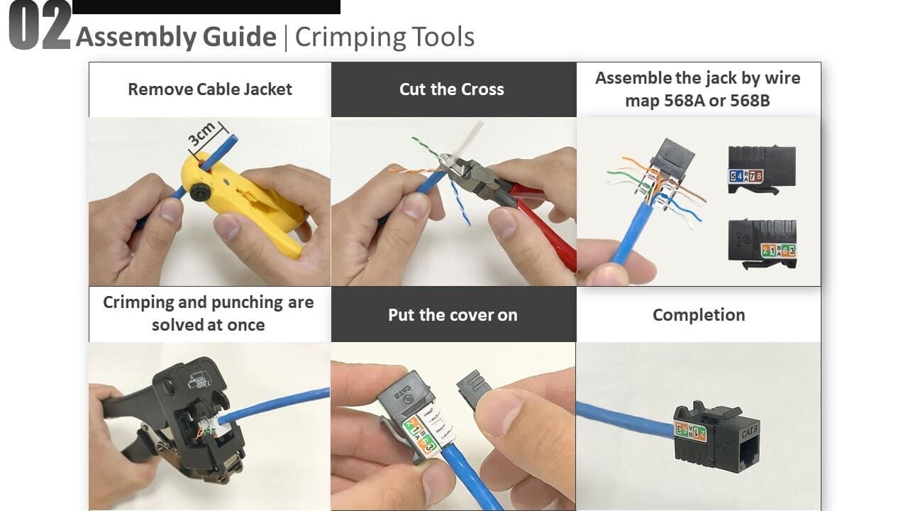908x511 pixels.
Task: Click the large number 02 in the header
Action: (x=40, y=26)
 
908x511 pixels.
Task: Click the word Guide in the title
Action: (x=240, y=38)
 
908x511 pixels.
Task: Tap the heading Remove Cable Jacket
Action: (x=210, y=89)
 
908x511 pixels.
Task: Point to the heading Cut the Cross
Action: (x=452, y=89)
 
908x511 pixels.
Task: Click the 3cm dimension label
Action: (x=201, y=134)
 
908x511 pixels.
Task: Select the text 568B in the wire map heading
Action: (x=750, y=101)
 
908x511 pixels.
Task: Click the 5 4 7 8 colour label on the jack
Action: (x=746, y=176)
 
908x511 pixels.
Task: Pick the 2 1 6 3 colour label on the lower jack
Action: (x=778, y=251)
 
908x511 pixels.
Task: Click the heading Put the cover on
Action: (x=453, y=315)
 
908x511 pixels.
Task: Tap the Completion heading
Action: (x=699, y=315)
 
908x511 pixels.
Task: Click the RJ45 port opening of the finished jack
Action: (x=747, y=458)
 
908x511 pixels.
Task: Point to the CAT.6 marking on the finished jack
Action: (x=750, y=432)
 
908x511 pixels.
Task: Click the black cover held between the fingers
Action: (x=475, y=390)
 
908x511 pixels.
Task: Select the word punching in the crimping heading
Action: (x=248, y=302)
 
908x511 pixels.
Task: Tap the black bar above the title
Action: (x=206, y=7)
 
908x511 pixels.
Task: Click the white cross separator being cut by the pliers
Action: (x=470, y=140)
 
